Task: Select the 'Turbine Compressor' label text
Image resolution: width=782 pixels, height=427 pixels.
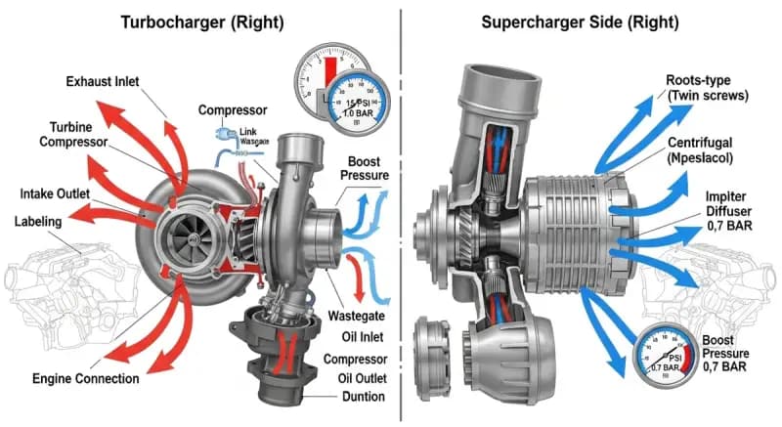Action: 83,134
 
